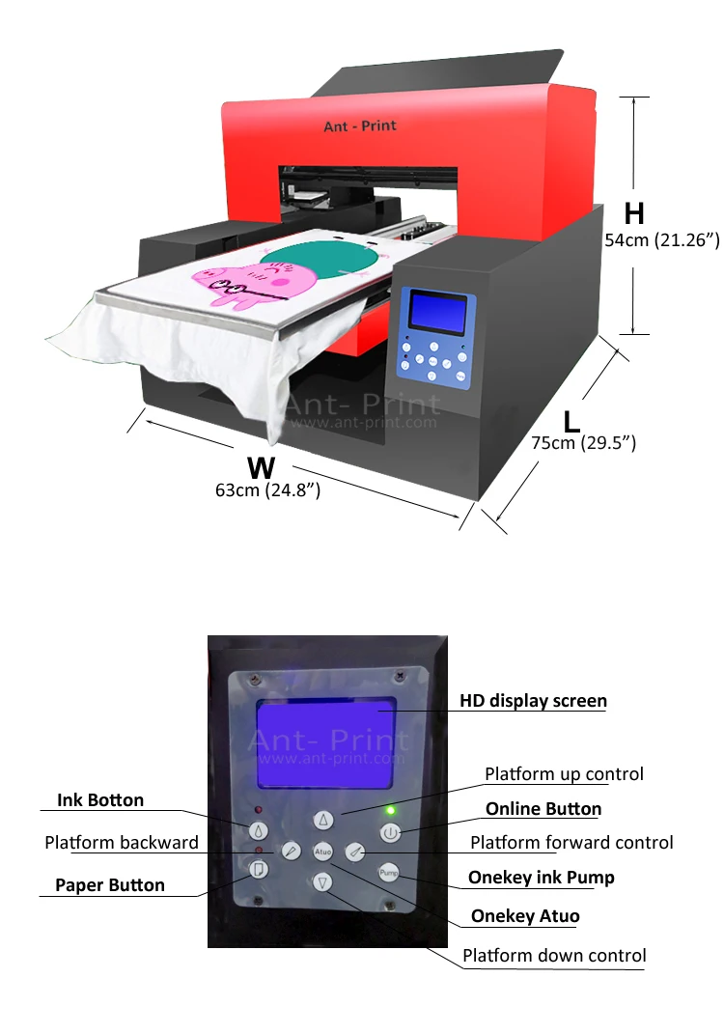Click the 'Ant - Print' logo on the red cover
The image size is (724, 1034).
click(360, 126)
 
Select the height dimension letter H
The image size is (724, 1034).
click(634, 213)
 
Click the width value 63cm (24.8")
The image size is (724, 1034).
click(267, 490)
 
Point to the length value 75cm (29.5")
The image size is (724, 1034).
click(583, 443)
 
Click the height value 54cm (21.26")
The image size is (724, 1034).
click(662, 241)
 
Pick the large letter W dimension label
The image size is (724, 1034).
click(261, 467)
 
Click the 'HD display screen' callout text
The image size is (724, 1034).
click(533, 701)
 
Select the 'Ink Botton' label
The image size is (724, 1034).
click(100, 800)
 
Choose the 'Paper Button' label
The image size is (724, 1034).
click(109, 884)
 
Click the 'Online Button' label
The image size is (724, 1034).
click(543, 809)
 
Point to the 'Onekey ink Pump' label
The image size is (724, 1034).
click(541, 878)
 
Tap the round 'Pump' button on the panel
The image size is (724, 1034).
click(388, 873)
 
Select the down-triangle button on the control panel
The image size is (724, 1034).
click(323, 880)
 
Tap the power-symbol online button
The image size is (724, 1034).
click(389, 831)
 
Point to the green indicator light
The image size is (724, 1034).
click(390, 810)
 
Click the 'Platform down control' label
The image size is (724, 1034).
click(553, 956)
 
